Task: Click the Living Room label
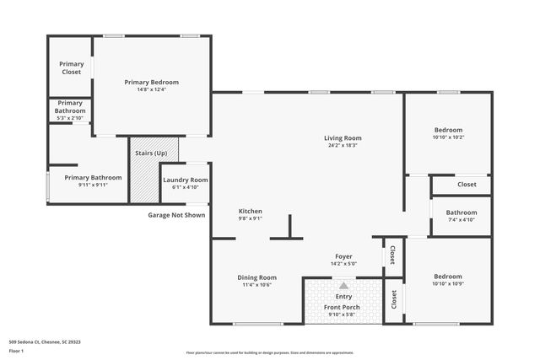[x=343, y=138]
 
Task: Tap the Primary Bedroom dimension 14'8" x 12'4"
[x=152, y=89]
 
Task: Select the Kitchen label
[x=250, y=211]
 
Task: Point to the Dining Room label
[x=256, y=277]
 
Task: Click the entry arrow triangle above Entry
[x=343, y=287]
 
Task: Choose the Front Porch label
[x=343, y=307]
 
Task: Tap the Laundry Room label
[x=185, y=180]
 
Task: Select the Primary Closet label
[x=71, y=68]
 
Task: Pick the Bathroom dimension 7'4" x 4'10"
[x=462, y=220]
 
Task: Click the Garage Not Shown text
[x=176, y=215]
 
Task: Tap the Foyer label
[x=343, y=256]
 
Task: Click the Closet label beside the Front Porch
[x=394, y=298]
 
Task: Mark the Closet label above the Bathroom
[x=467, y=184]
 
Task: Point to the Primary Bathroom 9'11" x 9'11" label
[x=93, y=178]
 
